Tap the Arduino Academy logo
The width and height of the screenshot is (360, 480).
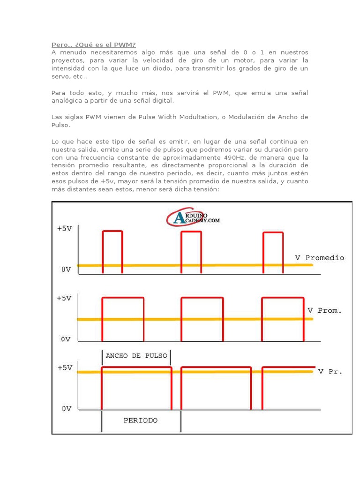[x=193, y=217]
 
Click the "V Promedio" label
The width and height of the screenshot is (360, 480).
[x=319, y=258]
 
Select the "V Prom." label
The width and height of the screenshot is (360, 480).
[x=324, y=310]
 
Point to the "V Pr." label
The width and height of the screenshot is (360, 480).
[x=330, y=372]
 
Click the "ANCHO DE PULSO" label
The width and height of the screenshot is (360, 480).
[x=136, y=355]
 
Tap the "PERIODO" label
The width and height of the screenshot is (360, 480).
[x=141, y=420]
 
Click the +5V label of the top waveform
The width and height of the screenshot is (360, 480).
[x=65, y=229]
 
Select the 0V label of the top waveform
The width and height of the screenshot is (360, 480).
[x=66, y=270]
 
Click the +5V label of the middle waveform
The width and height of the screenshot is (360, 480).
[x=65, y=298]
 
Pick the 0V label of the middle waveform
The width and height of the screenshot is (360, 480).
[x=66, y=338]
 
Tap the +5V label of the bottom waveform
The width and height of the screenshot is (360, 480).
[x=65, y=368]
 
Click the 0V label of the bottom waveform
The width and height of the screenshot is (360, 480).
[x=66, y=408]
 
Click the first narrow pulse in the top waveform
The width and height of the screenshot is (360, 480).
[x=112, y=251]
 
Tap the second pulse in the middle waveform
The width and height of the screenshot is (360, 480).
[x=202, y=319]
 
